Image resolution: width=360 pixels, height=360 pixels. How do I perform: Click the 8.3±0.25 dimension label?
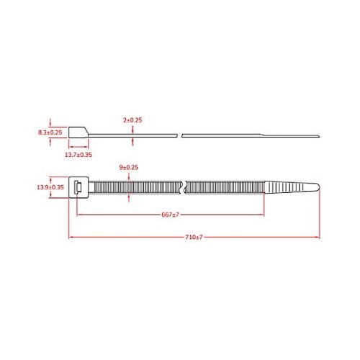point(50,132)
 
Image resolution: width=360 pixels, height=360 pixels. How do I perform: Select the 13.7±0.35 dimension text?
point(77,154)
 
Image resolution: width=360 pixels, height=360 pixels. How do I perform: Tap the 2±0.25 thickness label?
point(132,120)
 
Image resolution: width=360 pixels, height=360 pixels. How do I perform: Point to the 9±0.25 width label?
point(128,168)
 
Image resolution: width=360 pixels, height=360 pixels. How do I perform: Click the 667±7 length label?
point(170,215)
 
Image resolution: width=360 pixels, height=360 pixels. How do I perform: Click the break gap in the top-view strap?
point(185,187)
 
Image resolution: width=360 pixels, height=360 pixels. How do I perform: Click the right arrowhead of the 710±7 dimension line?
point(317,238)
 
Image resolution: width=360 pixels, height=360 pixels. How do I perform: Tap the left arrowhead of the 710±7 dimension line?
point(70,238)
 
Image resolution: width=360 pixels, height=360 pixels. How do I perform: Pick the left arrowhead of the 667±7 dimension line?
point(78,215)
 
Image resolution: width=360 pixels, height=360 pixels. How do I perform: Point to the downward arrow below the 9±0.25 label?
point(128,177)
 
